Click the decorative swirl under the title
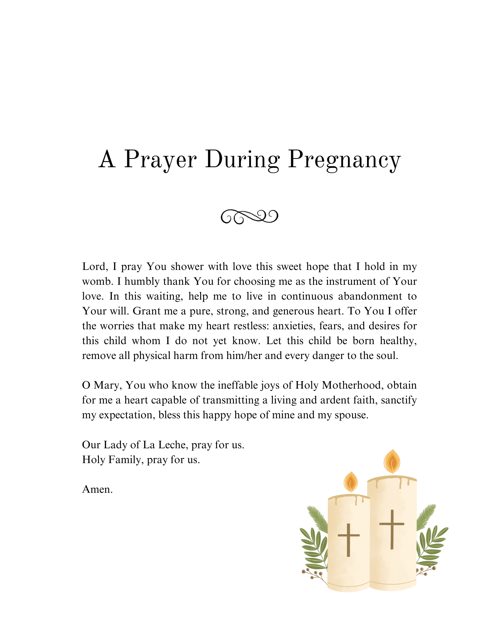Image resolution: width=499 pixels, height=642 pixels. (249, 217)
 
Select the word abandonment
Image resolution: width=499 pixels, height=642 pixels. (370, 296)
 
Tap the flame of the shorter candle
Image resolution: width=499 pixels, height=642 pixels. (350, 482)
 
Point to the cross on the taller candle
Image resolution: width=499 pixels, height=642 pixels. (392, 529)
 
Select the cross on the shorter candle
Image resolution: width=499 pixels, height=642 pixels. (348, 540)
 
